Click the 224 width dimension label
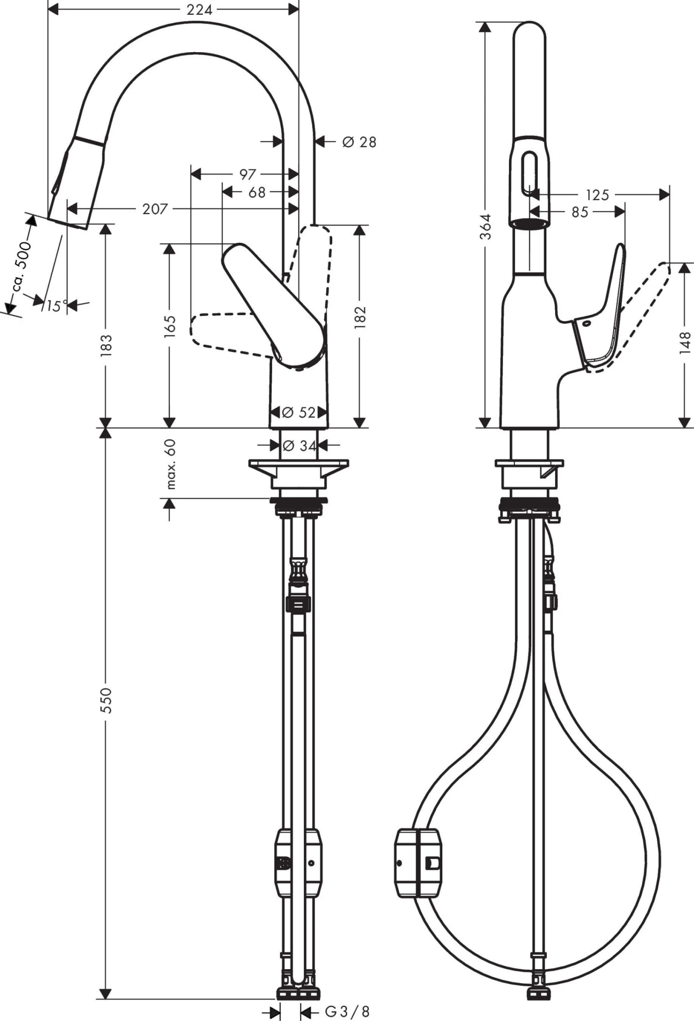[199, 10]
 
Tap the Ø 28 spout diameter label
[359, 142]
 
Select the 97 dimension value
[248, 174]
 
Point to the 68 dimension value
[257, 192]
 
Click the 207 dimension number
[155, 209]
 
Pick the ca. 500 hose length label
[22, 267]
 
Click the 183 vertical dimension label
[107, 345]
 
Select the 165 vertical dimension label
[170, 326]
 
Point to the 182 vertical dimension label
[360, 317]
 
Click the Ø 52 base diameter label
[298, 412]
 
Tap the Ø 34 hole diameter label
[299, 446]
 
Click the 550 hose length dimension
[107, 700]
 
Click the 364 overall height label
[485, 226]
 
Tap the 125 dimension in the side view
[597, 195]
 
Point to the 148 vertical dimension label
[685, 343]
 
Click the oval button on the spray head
[529, 175]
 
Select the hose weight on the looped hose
[418, 863]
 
